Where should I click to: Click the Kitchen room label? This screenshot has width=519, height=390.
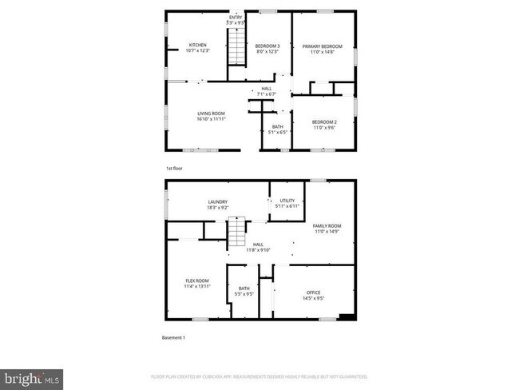(x=197, y=45)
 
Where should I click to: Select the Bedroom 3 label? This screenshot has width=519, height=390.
(x=266, y=46)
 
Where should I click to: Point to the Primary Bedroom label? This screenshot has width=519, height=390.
(x=322, y=46)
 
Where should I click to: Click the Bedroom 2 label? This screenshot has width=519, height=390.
(x=323, y=121)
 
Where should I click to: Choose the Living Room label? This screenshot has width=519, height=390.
(x=212, y=113)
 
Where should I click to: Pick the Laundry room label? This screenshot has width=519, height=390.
(x=218, y=202)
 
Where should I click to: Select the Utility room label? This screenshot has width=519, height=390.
(x=287, y=201)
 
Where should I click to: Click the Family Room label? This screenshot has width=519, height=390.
(x=328, y=226)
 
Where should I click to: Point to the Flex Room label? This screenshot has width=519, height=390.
(x=197, y=281)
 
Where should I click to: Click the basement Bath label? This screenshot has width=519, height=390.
(x=244, y=289)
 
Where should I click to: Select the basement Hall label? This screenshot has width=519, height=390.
(x=258, y=245)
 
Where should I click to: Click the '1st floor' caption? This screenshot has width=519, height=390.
(x=174, y=169)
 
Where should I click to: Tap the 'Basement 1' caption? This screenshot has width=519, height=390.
(x=173, y=337)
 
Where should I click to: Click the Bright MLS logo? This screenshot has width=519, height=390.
(x=33, y=376)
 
